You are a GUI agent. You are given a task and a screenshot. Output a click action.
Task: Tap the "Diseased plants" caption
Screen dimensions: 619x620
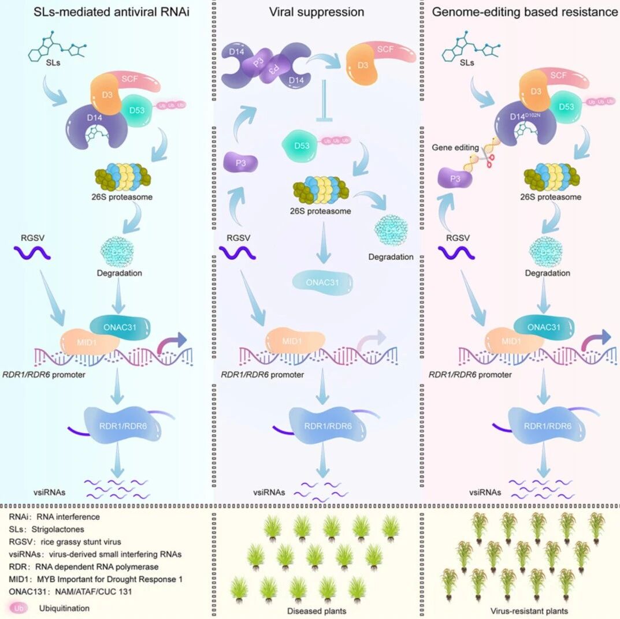click(x=313, y=610)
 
